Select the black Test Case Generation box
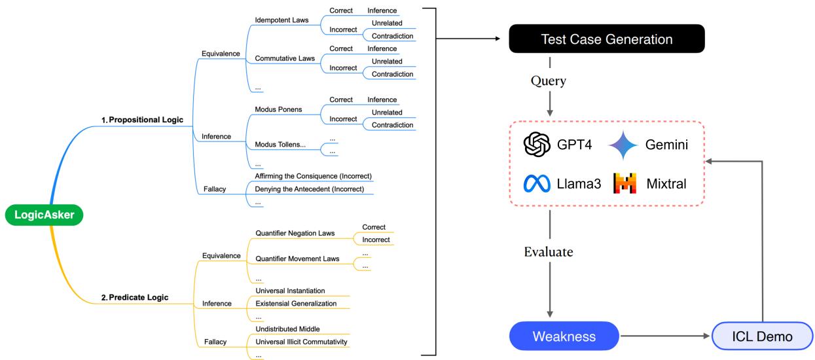pyautogui.click(x=606, y=39)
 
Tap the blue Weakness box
pyautogui.click(x=564, y=336)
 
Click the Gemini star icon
pyautogui.click(x=623, y=145)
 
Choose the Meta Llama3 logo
pyautogui.click(x=537, y=184)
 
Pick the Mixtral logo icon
pyautogui.click(x=624, y=183)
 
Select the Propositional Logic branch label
pyautogui.click(x=143, y=120)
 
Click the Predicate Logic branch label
pyautogui.click(x=134, y=297)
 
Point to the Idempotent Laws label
pyautogui.click(x=281, y=20)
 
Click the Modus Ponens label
pyautogui.click(x=278, y=109)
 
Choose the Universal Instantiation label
pyautogui.click(x=290, y=290)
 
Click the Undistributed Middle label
pyautogui.click(x=287, y=328)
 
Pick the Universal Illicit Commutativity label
pyautogui.click(x=302, y=341)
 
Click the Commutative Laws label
pyautogui.click(x=285, y=58)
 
